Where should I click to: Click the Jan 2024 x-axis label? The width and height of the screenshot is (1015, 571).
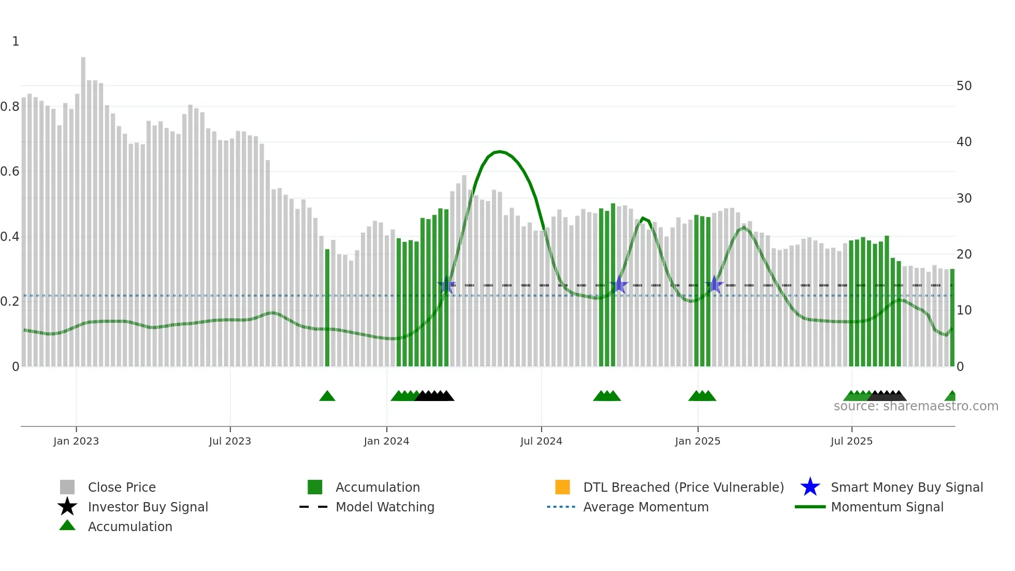click(x=386, y=441)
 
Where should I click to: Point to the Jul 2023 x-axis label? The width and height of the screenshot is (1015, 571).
click(x=230, y=441)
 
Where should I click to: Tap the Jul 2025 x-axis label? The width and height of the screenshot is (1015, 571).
click(x=851, y=441)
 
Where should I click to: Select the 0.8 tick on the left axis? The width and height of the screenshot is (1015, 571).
click(x=10, y=107)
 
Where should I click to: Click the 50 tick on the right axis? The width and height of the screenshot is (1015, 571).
click(x=964, y=86)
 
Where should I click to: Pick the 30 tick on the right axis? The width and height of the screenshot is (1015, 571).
click(x=964, y=198)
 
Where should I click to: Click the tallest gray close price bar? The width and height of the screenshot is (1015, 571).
click(x=83, y=207)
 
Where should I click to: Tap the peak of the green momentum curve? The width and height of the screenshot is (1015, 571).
click(x=499, y=152)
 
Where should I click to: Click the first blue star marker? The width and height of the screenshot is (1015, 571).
click(x=446, y=285)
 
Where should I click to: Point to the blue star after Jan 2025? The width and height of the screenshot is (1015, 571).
click(x=715, y=284)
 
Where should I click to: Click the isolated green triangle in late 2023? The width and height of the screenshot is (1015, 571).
click(x=327, y=396)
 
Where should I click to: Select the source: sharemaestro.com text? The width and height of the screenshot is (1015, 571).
click(x=916, y=406)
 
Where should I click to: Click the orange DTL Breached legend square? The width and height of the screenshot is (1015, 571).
click(x=562, y=487)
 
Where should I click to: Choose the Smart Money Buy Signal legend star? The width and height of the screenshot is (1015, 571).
click(x=810, y=487)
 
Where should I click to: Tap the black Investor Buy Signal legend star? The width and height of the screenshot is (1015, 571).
click(x=67, y=507)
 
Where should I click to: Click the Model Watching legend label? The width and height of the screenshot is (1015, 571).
click(x=385, y=507)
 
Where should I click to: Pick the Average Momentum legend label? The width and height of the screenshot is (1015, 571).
click(x=646, y=507)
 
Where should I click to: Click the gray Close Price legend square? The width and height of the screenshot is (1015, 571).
click(x=67, y=487)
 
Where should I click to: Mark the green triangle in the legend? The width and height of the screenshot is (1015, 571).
click(x=67, y=525)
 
